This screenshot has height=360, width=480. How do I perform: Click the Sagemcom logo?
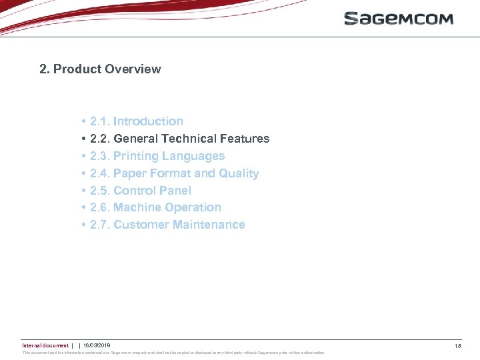398,18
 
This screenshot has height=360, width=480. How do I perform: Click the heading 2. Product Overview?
100,69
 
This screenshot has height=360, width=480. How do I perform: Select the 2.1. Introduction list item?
137,121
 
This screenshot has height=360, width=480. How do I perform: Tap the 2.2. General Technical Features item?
179,139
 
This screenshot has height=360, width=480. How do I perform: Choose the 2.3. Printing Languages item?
157,156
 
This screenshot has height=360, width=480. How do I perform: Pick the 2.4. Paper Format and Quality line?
174,173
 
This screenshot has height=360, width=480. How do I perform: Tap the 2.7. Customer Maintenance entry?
167,225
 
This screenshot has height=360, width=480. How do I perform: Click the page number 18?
457,346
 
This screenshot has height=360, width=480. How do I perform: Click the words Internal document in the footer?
45,345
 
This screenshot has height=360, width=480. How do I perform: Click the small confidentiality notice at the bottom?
173,353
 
